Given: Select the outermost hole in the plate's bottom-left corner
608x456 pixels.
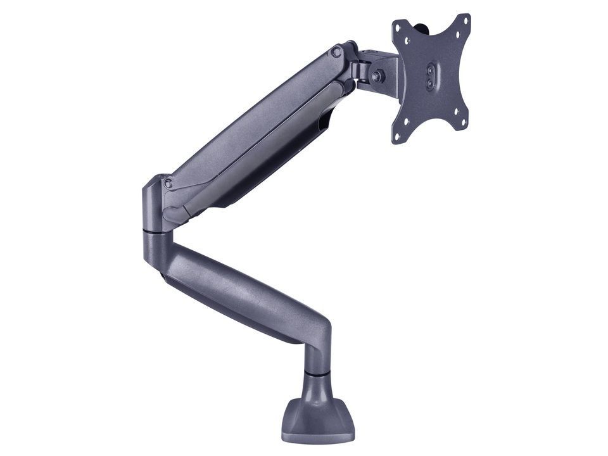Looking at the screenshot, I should click(x=398, y=136).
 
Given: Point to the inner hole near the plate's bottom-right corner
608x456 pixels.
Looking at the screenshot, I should click(x=455, y=112).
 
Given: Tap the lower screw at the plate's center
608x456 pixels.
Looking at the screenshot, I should click(x=431, y=82).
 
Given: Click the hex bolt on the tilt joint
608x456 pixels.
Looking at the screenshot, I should click(x=377, y=75).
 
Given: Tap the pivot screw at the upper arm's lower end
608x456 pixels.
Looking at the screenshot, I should click(x=168, y=184).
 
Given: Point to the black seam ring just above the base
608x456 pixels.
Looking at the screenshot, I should click(x=316, y=374).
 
